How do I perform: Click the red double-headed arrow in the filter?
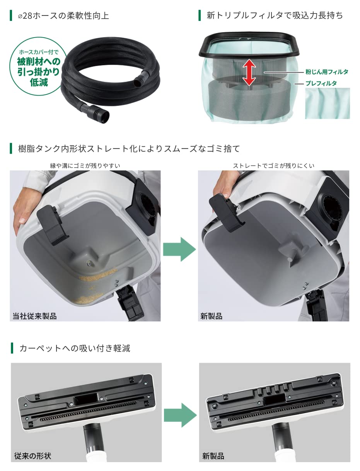(249, 72)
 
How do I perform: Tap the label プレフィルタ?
(321, 83)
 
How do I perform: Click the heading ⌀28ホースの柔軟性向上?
(64, 16)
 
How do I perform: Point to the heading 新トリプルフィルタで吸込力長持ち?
(275, 15)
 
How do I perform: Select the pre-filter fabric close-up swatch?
(327, 103)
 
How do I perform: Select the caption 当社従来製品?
(34, 316)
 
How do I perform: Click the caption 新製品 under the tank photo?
(212, 316)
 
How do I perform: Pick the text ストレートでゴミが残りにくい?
(273, 166)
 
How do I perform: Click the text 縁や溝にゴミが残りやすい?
(85, 166)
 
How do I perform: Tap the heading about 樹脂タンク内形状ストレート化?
(129, 148)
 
